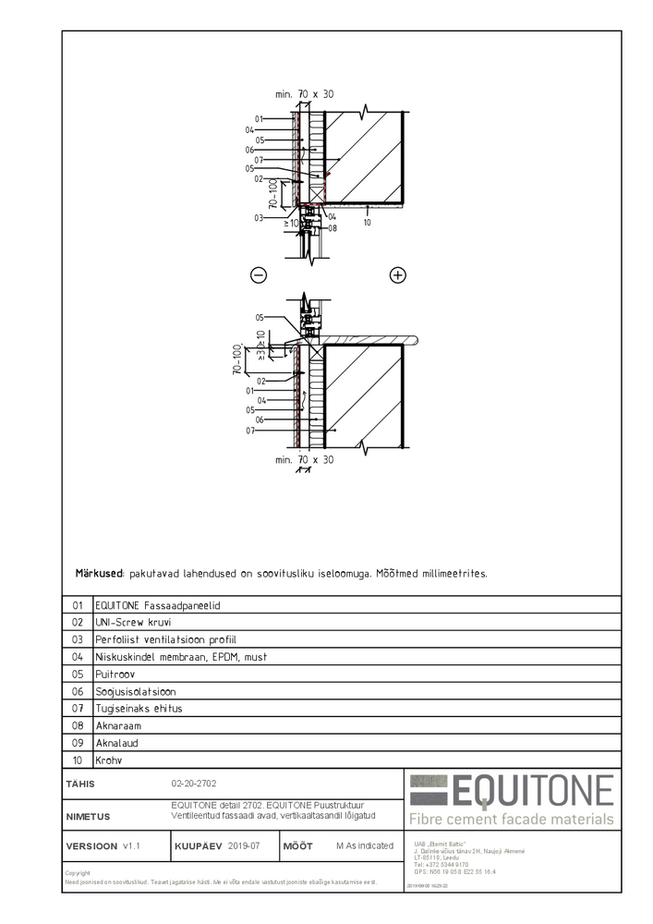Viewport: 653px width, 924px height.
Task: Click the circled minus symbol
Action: pos(259,274)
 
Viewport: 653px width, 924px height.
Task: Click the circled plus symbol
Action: pos(398,274)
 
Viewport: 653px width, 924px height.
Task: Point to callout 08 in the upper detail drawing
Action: pos(333,227)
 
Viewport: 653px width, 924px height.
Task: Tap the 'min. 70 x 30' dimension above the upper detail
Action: pos(305,94)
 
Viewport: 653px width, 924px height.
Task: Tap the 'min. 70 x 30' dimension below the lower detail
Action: pos(305,459)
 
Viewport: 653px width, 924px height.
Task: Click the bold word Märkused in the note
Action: pos(100,574)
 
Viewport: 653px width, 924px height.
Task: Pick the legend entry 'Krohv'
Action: pos(109,760)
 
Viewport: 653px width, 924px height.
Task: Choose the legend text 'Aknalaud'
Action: pos(116,743)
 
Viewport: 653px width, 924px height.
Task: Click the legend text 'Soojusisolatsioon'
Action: pos(136,691)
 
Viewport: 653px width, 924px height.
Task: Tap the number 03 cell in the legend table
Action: pos(78,639)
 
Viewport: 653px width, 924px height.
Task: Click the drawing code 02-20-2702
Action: pos(193,784)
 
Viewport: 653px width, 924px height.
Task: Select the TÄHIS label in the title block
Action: pos(80,784)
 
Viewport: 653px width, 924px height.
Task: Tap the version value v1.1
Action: pos(131,845)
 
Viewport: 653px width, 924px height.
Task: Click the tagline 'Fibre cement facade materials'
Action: pos(512,819)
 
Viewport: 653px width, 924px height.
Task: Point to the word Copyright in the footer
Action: pos(78,873)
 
